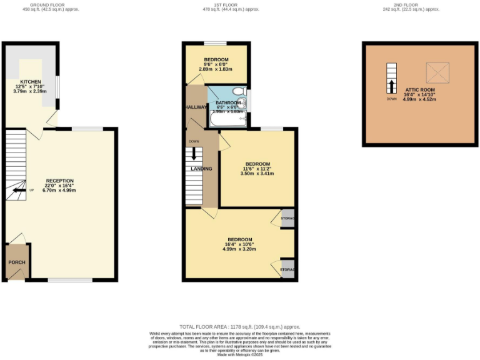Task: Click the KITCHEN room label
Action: (x=30, y=82)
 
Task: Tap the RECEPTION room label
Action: (x=59, y=181)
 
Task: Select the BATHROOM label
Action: (x=228, y=102)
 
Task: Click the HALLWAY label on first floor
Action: (x=196, y=107)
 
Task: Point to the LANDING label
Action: (x=201, y=169)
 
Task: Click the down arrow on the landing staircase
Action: (x=194, y=153)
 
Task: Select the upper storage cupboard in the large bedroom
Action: (x=287, y=218)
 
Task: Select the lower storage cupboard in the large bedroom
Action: (x=287, y=269)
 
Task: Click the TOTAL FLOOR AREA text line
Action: (x=240, y=326)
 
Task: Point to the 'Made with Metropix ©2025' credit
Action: (x=240, y=355)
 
